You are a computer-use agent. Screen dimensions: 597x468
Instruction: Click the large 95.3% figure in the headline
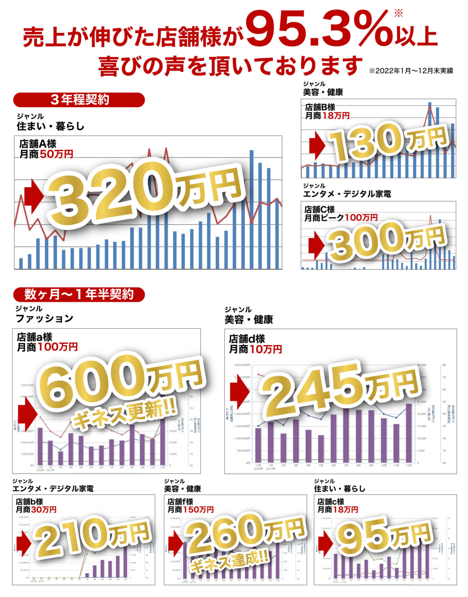[x=318, y=29]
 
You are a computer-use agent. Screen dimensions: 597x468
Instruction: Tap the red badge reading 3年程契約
[x=79, y=100]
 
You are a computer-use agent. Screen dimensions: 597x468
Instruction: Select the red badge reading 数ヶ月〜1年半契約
[x=79, y=294]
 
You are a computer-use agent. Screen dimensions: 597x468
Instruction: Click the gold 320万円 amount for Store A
[x=146, y=192]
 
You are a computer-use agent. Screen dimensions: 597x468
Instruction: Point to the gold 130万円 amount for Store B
[x=388, y=141]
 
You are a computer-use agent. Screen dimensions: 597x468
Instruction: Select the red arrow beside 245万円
[x=239, y=391]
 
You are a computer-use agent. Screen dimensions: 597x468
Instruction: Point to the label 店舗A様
[x=38, y=144]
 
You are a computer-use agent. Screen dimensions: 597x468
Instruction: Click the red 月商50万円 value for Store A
[x=56, y=154]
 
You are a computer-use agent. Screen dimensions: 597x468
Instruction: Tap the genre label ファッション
[x=44, y=319]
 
